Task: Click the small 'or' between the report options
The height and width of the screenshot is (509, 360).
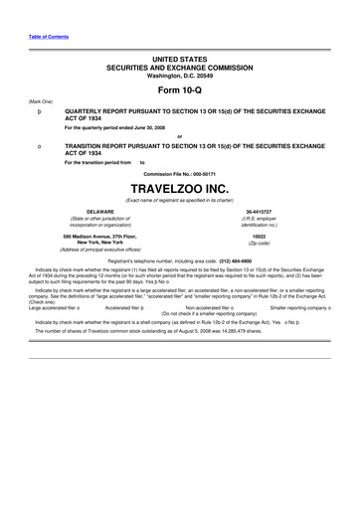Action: tap(179, 136)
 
